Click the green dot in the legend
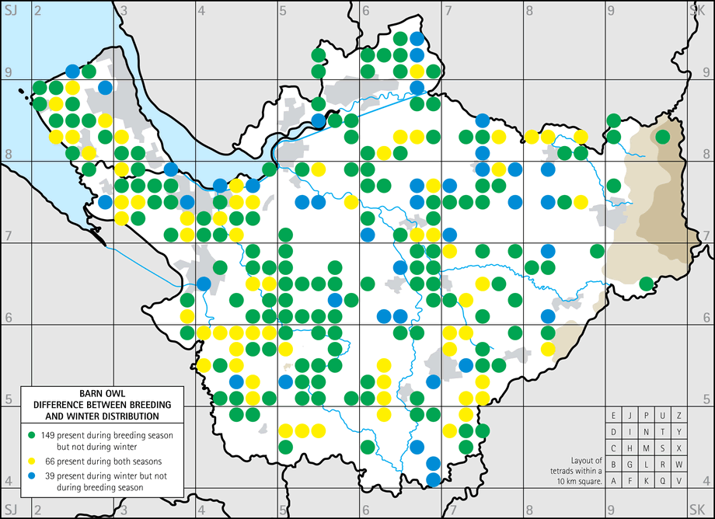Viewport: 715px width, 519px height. (31, 435)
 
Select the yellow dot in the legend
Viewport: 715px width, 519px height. (31, 461)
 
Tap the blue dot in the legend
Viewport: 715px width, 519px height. (31, 475)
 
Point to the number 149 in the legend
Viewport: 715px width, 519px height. (48, 435)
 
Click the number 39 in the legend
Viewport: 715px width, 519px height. (46, 475)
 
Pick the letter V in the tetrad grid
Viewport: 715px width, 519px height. (678, 480)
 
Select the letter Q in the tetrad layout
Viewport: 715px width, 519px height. (662, 480)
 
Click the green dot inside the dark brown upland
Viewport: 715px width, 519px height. (662, 137)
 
